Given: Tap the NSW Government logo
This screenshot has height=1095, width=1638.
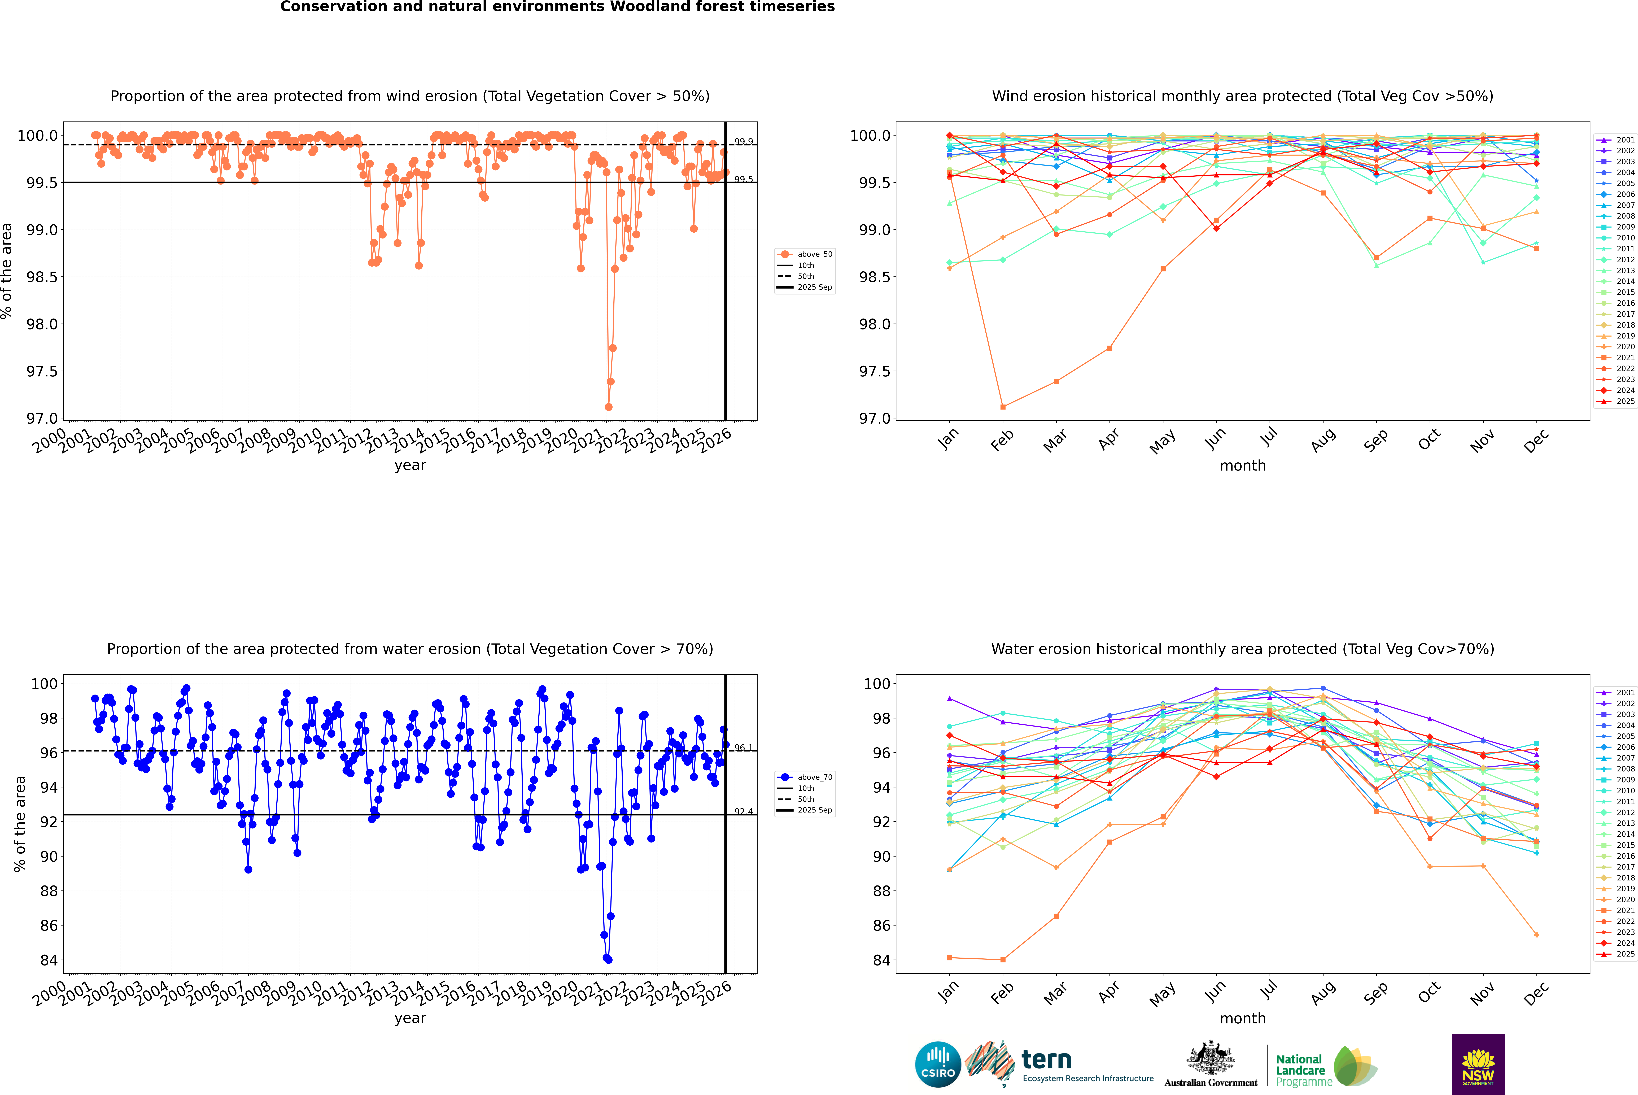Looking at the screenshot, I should pos(1478,1064).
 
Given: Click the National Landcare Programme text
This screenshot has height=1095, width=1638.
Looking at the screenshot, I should pos(1300,1071).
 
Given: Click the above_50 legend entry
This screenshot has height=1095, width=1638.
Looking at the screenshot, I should pos(814,254).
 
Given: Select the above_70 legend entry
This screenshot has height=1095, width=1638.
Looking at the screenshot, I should pos(814,777).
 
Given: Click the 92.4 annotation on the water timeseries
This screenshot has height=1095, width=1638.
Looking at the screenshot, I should pos(743,811).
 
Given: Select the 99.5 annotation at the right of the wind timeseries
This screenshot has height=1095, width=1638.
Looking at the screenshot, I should pos(743,180).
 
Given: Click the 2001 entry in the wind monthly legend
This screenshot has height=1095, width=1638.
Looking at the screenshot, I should pos(1625,140).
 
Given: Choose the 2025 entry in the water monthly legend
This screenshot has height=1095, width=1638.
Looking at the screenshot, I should pos(1625,954).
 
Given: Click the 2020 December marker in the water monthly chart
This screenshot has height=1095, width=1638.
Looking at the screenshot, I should pos(1536,935).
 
